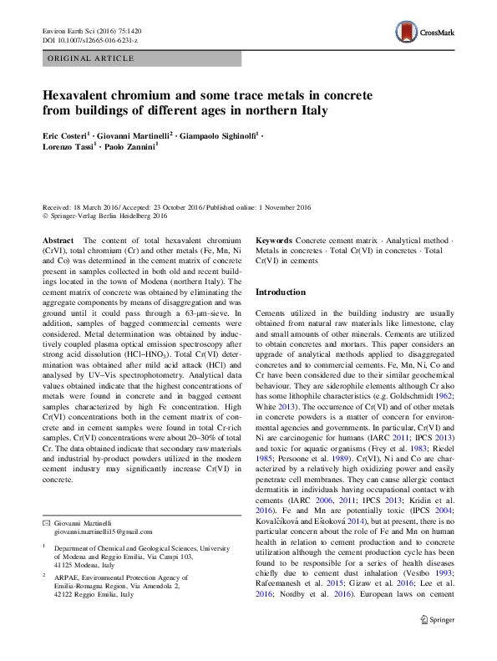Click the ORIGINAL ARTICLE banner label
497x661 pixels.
(x=90, y=58)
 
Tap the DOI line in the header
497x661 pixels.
(x=89, y=40)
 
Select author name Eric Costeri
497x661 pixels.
(x=65, y=135)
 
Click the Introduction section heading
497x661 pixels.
(x=281, y=292)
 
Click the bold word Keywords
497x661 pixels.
(x=274, y=240)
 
